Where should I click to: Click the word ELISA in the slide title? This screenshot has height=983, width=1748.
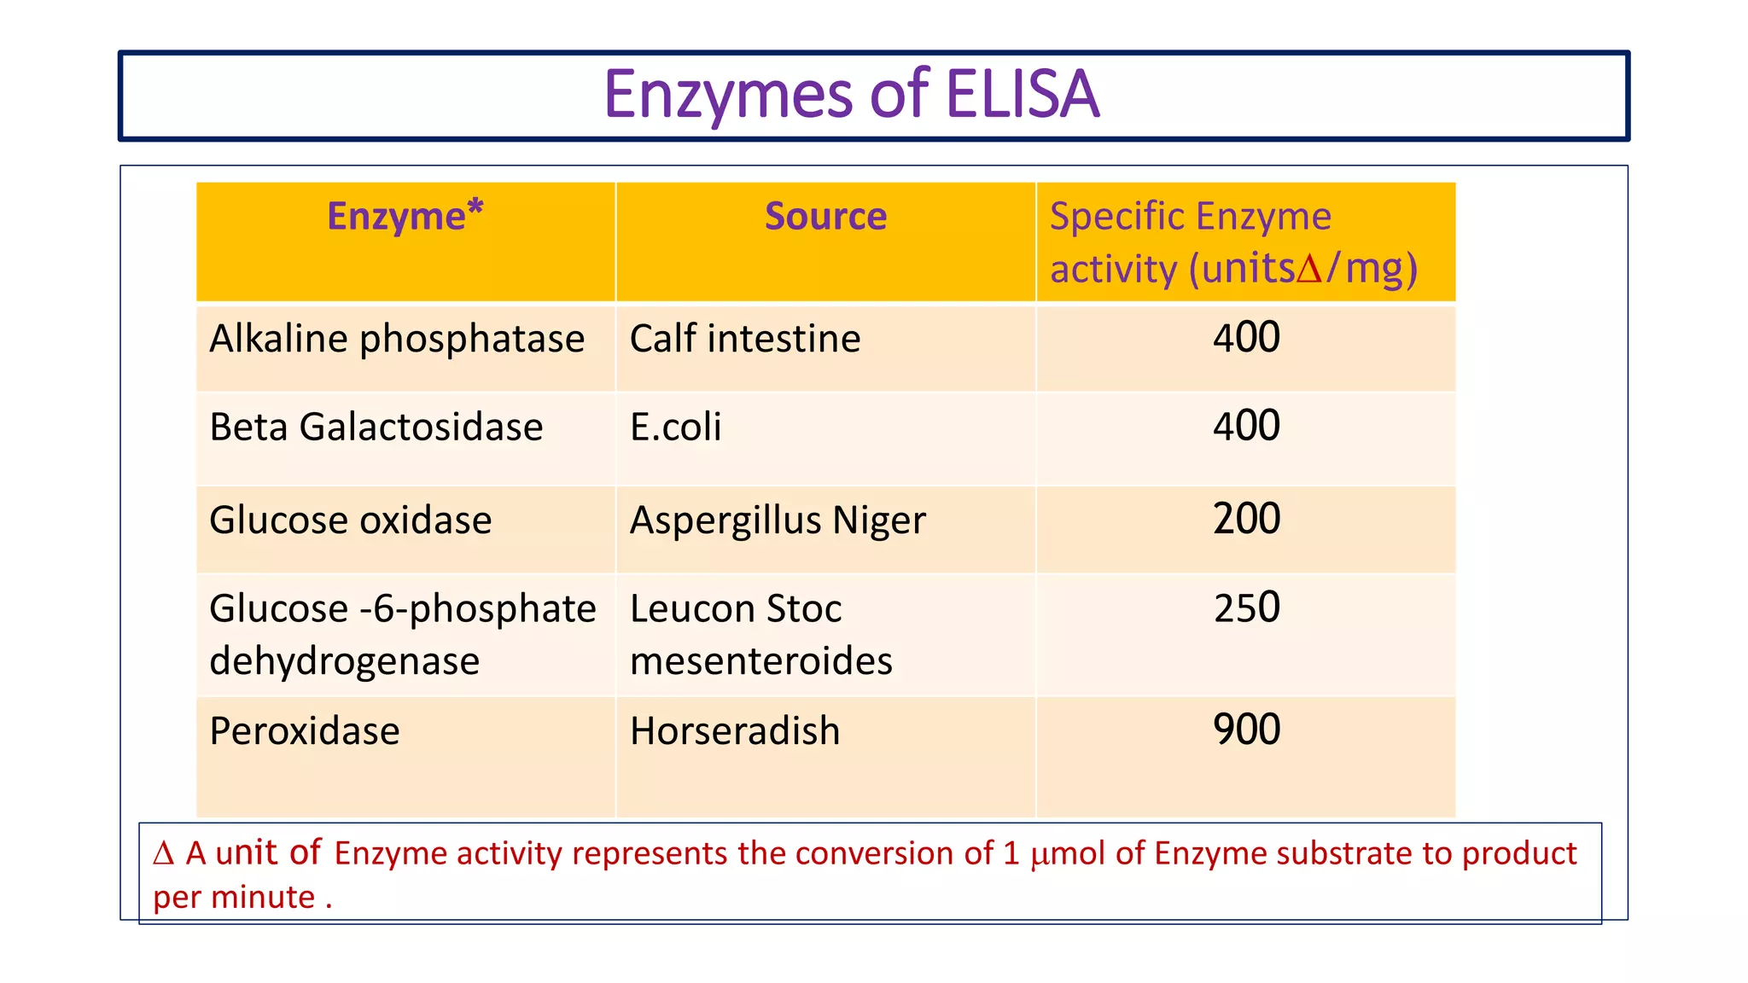pos(1023,94)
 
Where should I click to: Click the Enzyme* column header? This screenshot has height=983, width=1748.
pos(405,216)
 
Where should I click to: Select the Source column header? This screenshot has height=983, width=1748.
pos(825,216)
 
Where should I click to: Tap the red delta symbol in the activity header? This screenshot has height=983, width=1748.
pos(1309,270)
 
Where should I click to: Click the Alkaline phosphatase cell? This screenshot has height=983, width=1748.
pos(397,339)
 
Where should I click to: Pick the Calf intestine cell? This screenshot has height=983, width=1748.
pos(745,339)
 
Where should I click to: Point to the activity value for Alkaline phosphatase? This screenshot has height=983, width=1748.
pos(1246,337)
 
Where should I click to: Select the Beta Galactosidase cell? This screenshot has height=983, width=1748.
pos(376,427)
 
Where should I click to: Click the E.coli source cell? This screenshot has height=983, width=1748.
pos(675,427)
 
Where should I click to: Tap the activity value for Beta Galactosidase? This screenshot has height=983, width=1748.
pos(1246,425)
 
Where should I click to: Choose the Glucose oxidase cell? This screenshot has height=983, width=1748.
pos(351,521)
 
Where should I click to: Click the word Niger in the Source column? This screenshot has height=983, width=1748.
pos(879,521)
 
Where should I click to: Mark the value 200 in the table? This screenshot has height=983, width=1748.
pos(1246,519)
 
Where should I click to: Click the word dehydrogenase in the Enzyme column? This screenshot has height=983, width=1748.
pos(344,661)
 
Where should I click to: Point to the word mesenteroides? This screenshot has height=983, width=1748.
pos(760,661)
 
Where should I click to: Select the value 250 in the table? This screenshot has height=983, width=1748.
pos(1246,608)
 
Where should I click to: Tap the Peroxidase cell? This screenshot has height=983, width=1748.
pos(305,731)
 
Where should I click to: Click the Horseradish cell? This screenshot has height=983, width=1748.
pos(735,731)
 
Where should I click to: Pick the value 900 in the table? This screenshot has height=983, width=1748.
pos(1246,730)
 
